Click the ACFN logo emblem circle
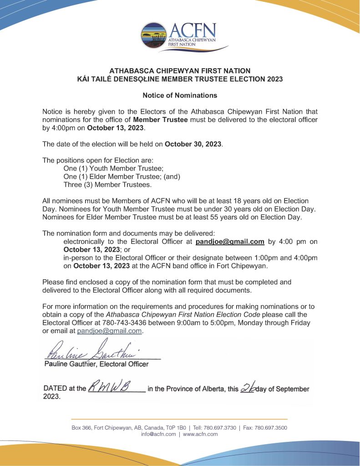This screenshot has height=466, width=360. [x=154, y=35]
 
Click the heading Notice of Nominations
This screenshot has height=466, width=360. [x=180, y=96]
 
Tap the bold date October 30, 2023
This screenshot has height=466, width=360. [x=193, y=144]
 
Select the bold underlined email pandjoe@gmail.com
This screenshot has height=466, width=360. [x=230, y=242]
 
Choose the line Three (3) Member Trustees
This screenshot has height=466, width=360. [x=107, y=185]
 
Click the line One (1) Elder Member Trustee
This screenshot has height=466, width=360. [x=122, y=177]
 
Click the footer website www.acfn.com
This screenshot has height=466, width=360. [x=200, y=434]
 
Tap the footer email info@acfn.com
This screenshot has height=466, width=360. [x=158, y=434]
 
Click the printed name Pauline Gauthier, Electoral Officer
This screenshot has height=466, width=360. [x=96, y=364]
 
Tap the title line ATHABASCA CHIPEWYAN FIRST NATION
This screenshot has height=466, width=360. [x=180, y=71]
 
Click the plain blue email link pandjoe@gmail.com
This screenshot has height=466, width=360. [x=109, y=331]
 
